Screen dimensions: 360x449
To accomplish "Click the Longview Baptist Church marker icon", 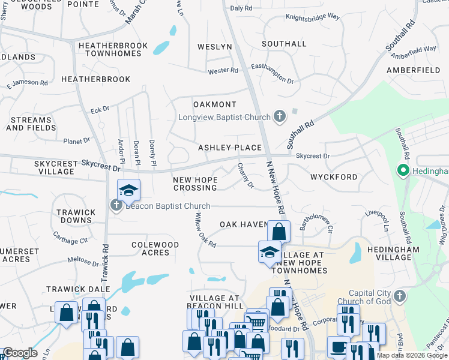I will [279, 116].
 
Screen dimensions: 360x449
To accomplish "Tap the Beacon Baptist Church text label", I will [167, 206].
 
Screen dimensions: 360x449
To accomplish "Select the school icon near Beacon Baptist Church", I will [128, 191].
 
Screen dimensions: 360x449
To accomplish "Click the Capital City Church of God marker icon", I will [400, 296].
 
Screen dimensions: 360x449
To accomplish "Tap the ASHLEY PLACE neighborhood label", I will [230, 148].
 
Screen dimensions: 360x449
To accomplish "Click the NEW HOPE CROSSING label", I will [194, 184].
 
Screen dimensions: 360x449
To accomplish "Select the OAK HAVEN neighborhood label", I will [243, 224].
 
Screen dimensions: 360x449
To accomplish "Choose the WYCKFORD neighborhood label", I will [334, 177].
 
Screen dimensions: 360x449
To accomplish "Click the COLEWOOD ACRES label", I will [155, 248].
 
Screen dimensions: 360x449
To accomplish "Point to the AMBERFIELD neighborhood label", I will [413, 70].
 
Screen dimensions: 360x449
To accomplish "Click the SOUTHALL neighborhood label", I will [284, 44].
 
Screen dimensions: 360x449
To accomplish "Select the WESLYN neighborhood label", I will [214, 47].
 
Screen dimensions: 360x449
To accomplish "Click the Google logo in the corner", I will [20, 353].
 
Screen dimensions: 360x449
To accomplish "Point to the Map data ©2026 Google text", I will [412, 355].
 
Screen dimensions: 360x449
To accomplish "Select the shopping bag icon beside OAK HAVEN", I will [279, 231].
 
